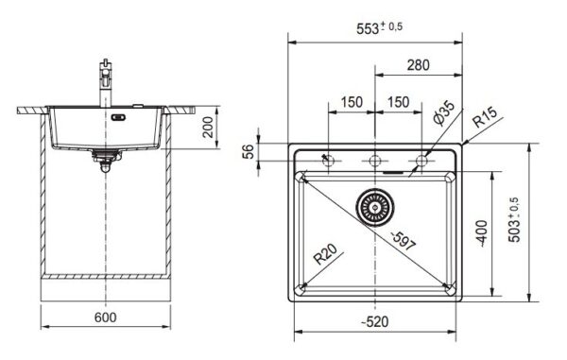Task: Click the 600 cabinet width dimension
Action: [x=105, y=317]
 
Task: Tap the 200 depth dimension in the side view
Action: [x=208, y=127]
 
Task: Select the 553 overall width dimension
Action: [x=379, y=27]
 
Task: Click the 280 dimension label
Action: [x=419, y=65]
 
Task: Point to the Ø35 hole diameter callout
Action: [x=444, y=112]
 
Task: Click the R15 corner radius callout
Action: [x=486, y=117]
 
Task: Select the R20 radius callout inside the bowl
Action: [x=325, y=254]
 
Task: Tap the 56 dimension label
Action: [x=248, y=152]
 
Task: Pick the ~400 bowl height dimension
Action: [x=482, y=233]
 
